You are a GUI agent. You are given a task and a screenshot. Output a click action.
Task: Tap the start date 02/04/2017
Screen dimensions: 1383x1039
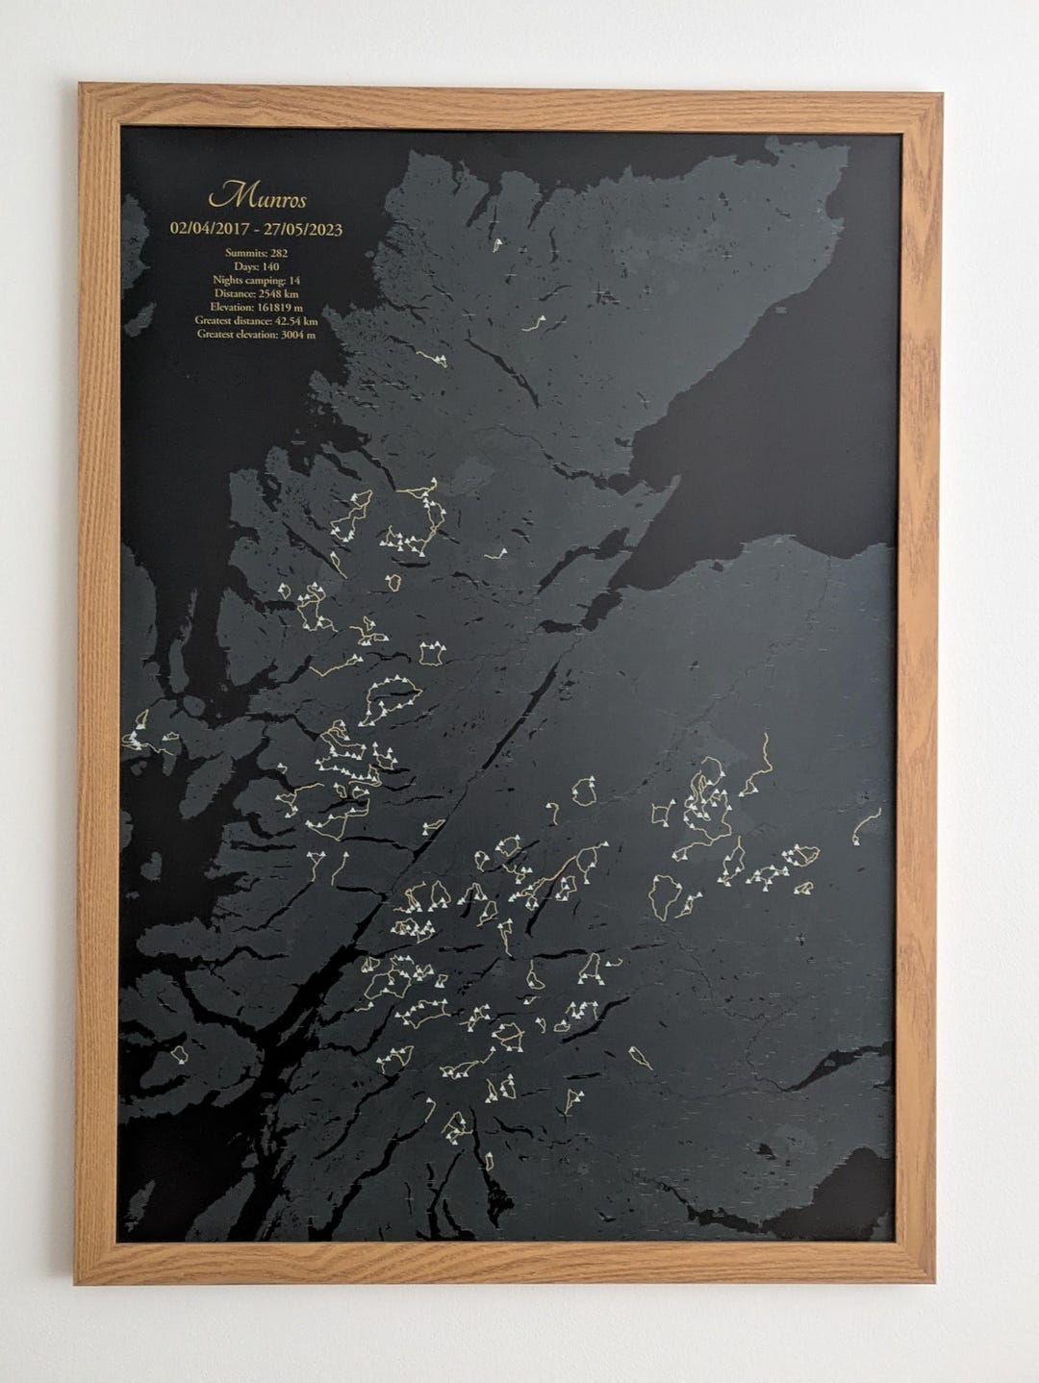(x=207, y=230)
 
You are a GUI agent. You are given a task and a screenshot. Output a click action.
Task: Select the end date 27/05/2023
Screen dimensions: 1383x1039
(x=301, y=230)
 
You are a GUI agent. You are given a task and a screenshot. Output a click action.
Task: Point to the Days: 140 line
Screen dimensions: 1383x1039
(x=256, y=266)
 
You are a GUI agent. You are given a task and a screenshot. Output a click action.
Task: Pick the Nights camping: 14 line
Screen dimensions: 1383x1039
(x=256, y=280)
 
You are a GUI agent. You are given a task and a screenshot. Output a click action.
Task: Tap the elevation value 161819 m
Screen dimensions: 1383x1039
(x=276, y=307)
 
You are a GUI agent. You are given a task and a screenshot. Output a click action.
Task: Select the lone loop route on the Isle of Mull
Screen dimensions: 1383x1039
(x=179, y=1056)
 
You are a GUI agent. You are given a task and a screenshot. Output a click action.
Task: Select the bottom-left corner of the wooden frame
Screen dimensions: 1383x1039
(x=77, y=1283)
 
